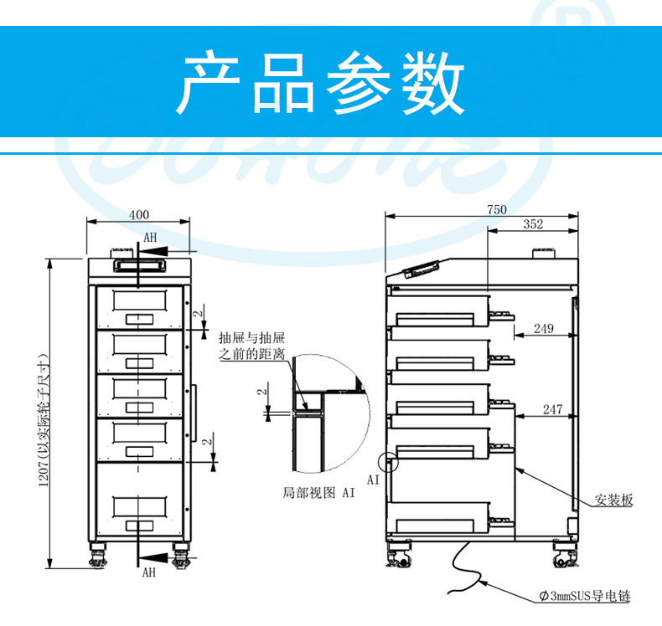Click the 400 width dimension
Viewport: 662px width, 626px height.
(139, 214)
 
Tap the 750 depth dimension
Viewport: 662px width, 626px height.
(497, 210)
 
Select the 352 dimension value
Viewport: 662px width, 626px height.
(533, 224)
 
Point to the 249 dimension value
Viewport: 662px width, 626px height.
(543, 329)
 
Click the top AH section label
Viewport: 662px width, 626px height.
(150, 238)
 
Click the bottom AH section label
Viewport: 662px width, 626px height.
(148, 572)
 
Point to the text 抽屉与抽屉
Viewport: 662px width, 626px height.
(245, 339)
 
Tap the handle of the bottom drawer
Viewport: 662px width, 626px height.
(139, 526)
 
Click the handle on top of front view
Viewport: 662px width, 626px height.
(139, 263)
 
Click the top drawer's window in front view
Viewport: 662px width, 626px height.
(139, 299)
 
